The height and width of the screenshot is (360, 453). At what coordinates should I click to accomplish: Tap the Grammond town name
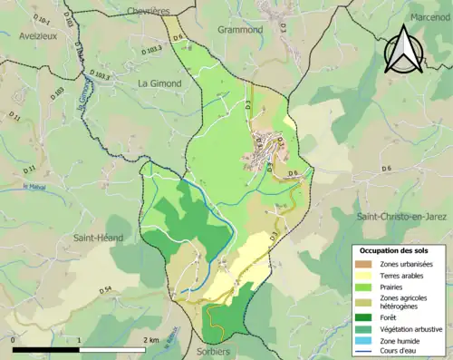(240, 30)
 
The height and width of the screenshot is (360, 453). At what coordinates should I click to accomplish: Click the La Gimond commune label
(159, 83)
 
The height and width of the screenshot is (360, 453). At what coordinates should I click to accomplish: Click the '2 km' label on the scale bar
(150, 340)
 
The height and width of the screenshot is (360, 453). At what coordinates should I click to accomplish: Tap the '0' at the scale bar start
(14, 340)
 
